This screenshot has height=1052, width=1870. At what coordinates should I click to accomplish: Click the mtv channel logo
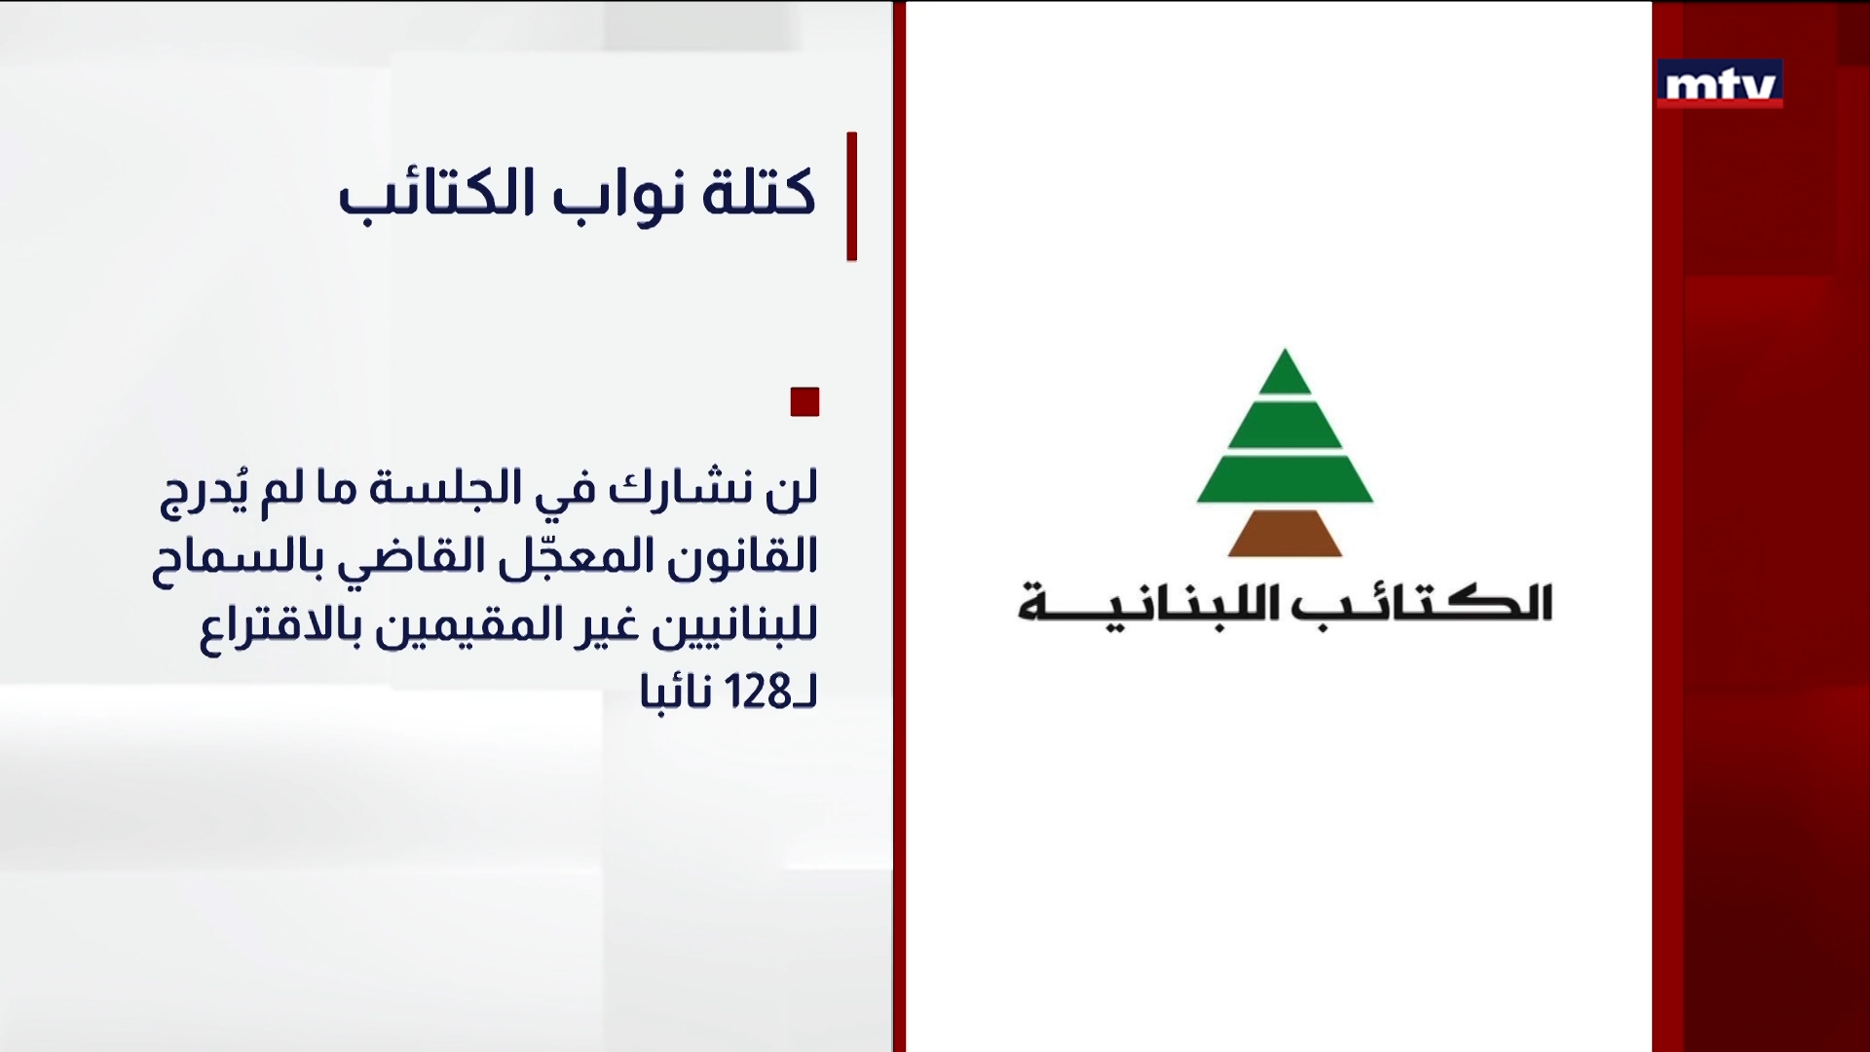(1720, 85)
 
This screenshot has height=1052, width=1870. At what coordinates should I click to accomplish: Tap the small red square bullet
(804, 402)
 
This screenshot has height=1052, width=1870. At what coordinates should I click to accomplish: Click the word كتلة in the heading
(759, 193)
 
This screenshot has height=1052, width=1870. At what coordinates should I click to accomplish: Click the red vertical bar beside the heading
(852, 196)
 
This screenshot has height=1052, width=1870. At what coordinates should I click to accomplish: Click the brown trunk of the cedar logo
(1285, 534)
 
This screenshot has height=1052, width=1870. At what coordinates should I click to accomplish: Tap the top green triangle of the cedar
(1285, 374)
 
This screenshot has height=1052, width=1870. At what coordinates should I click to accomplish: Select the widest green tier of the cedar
(1285, 478)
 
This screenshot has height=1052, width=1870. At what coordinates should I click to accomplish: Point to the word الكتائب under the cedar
(1422, 604)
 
